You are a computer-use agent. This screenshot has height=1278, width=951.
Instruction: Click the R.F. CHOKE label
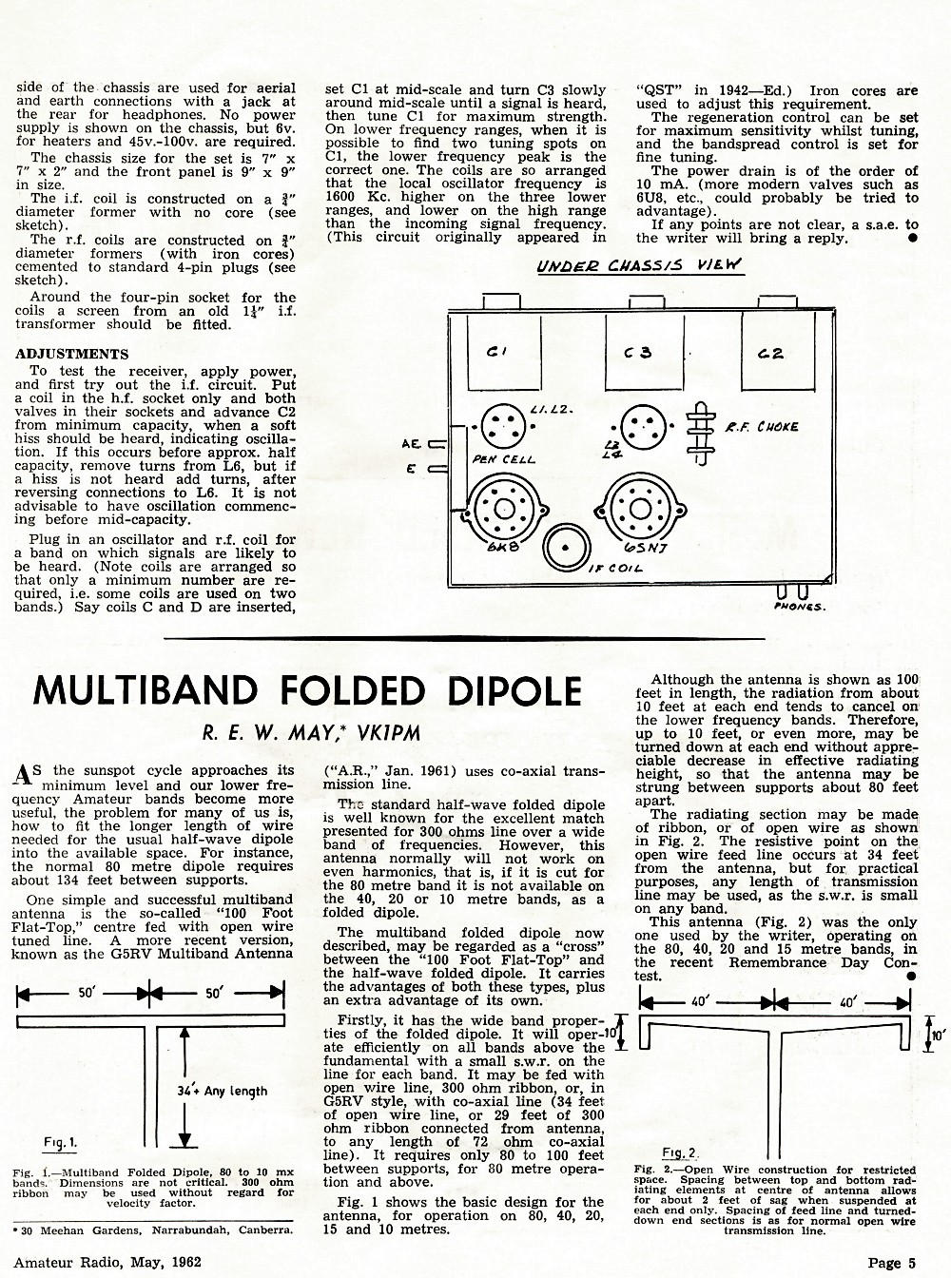762,427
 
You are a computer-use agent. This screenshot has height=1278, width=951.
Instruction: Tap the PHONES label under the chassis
800,607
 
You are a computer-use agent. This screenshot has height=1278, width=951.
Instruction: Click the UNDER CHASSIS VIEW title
639,265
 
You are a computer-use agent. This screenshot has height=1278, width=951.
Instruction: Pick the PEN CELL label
503,459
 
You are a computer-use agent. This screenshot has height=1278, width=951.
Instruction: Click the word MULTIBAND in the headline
146,690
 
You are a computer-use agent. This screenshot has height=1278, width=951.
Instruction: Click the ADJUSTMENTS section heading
71,354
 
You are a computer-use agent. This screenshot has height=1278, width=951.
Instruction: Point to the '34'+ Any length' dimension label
222,1091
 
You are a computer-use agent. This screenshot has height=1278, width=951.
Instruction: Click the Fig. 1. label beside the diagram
60,1142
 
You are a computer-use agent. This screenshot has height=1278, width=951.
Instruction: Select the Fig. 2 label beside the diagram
679,1153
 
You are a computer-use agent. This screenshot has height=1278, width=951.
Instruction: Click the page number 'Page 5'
892,1263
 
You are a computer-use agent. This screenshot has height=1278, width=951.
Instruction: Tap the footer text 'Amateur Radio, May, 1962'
107,1263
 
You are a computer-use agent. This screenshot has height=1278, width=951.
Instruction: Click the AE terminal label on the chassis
412,444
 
